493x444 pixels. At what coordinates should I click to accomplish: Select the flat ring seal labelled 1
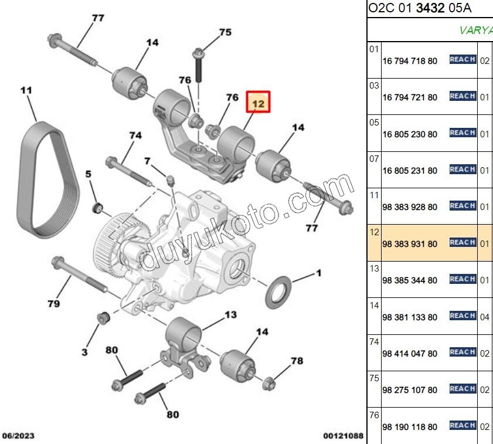pyautogui.click(x=278, y=292)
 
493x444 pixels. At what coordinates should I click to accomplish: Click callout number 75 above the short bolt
pyautogui.click(x=225, y=32)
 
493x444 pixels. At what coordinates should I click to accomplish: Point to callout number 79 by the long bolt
pyautogui.click(x=53, y=304)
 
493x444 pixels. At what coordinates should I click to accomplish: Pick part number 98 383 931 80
pyautogui.click(x=410, y=244)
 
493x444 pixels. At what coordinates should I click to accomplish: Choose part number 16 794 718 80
pyautogui.click(x=410, y=61)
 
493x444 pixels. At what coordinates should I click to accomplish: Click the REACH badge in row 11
pyautogui.click(x=463, y=206)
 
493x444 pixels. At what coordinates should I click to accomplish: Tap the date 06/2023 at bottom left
pyautogui.click(x=18, y=436)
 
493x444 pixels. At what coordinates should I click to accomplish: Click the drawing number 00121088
pyautogui.click(x=343, y=436)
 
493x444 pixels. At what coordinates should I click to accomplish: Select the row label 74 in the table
pyautogui.click(x=374, y=342)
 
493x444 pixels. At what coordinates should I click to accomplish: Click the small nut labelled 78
pyautogui.click(x=269, y=383)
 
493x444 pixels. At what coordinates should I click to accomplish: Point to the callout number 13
pyautogui.click(x=230, y=314)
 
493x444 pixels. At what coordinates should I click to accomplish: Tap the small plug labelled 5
pyautogui.click(x=98, y=208)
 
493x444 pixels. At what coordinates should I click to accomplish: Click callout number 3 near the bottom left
pyautogui.click(x=84, y=352)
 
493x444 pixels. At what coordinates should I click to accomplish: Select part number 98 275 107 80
pyautogui.click(x=410, y=390)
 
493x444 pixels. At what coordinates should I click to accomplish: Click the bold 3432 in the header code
pyautogui.click(x=430, y=8)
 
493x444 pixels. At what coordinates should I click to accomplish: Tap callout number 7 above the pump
pyautogui.click(x=147, y=161)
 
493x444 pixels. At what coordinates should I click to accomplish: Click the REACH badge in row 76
pyautogui.click(x=463, y=425)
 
